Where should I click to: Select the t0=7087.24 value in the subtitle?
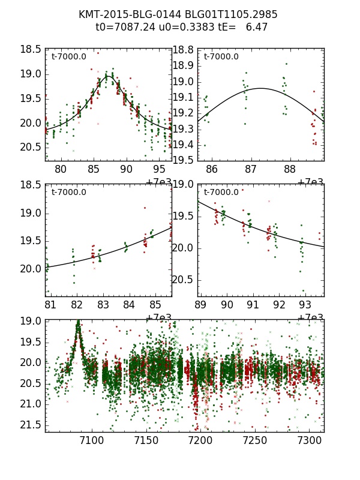pyautogui.click(x=121, y=27)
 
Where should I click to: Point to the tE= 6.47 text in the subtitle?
pyautogui.click(x=236, y=27)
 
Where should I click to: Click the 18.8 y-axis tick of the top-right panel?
pyautogui.click(x=183, y=50)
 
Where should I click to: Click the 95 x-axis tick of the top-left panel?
pyautogui.click(x=159, y=170)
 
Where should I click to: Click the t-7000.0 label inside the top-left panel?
pyautogui.click(x=68, y=57)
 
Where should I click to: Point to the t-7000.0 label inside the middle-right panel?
pyautogui.click(x=221, y=193)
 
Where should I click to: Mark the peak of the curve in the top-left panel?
pyautogui.click(x=108, y=76)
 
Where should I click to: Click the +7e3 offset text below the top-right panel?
pyautogui.click(x=311, y=182)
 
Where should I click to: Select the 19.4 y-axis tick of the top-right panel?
pyautogui.click(x=183, y=145)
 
